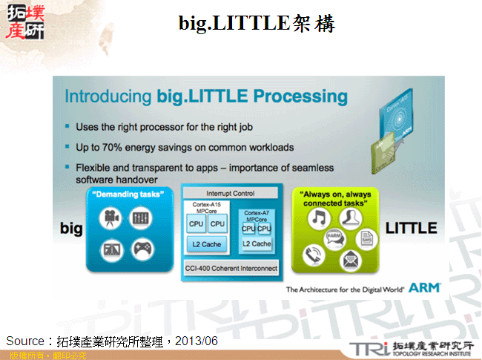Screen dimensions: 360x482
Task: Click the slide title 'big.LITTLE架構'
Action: point(257,24)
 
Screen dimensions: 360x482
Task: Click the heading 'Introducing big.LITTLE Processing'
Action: point(206,96)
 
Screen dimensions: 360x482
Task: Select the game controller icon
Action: point(141,248)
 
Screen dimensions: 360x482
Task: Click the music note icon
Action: point(319,218)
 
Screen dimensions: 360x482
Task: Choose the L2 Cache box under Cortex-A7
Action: point(257,243)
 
